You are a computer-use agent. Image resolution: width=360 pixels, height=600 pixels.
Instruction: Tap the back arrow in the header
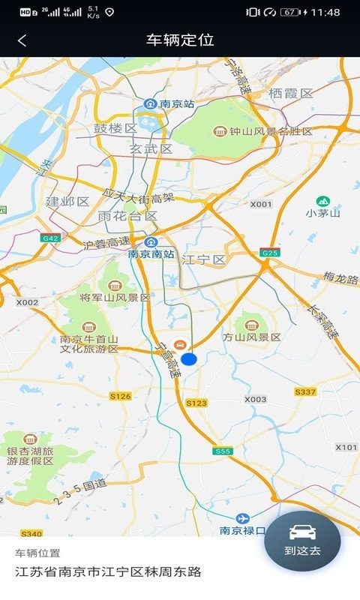(x=22, y=41)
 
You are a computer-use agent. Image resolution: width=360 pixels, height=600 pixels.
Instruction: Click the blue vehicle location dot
(x=188, y=359)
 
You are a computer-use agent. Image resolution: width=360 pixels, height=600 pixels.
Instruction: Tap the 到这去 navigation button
(x=302, y=541)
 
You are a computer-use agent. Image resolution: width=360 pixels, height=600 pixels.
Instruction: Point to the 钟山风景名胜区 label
(x=263, y=131)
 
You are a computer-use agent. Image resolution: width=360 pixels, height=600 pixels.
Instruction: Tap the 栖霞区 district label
(x=290, y=94)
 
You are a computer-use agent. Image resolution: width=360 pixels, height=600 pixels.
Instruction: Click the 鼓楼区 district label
(x=115, y=128)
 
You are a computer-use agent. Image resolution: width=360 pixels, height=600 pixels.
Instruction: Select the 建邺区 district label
(x=67, y=202)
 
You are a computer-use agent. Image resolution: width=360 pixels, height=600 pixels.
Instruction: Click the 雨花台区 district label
(x=127, y=216)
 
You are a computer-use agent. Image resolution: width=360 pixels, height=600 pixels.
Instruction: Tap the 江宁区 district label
(x=204, y=259)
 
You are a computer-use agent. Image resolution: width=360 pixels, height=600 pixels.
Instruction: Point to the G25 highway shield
(x=270, y=253)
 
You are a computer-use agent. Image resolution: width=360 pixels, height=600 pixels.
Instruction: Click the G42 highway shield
(x=51, y=238)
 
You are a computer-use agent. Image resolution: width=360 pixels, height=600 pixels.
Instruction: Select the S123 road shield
(x=196, y=403)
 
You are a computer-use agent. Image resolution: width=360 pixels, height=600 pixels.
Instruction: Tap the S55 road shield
(x=222, y=451)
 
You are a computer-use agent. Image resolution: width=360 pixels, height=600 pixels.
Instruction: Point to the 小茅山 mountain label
(x=323, y=213)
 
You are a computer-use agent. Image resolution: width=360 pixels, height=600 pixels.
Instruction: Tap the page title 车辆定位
(x=180, y=40)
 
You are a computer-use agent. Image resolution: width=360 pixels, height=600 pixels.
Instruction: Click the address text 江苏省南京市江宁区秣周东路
(x=109, y=571)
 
